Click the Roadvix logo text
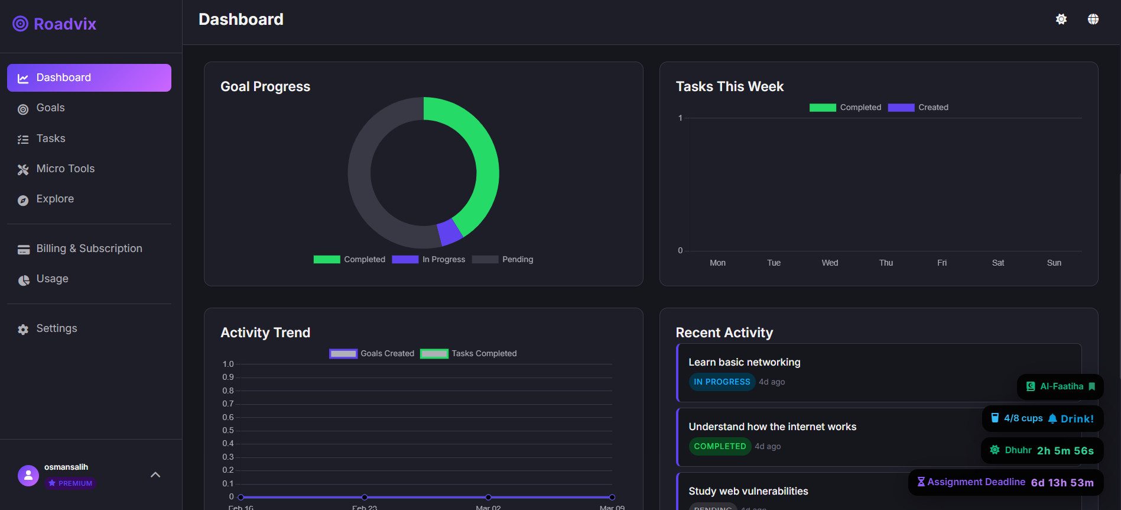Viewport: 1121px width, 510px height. click(64, 24)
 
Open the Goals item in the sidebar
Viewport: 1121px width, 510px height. click(50, 108)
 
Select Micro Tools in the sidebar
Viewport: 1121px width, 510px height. click(65, 169)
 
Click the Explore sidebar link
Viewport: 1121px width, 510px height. click(55, 199)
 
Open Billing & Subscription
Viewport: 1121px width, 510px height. click(89, 248)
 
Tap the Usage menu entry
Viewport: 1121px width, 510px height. click(52, 279)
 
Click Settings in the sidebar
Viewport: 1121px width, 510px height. click(56, 328)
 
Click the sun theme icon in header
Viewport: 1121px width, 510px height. click(1061, 19)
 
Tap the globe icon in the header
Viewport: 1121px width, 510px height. click(1093, 19)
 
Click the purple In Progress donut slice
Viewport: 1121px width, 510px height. click(450, 232)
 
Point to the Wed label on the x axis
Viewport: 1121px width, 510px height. click(830, 263)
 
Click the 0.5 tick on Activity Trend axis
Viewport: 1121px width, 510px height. click(228, 430)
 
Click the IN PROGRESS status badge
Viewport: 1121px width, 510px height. click(722, 382)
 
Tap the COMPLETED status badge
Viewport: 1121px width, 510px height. click(720, 446)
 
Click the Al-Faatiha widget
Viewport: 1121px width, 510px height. click(1061, 386)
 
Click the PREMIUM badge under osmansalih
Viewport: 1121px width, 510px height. click(70, 483)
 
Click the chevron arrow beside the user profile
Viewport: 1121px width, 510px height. click(155, 475)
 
